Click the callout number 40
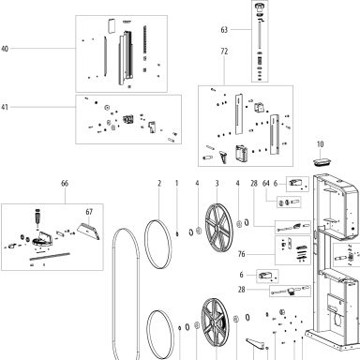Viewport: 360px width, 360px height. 5,49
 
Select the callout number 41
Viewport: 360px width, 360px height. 5,107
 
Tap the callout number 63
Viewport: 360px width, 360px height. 224,30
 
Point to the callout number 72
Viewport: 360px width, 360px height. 224,52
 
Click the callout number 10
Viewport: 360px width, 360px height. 321,144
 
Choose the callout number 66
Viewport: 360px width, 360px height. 65,184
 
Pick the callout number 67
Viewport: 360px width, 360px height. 89,212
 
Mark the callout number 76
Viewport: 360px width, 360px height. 242,254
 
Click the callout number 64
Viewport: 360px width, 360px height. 266,184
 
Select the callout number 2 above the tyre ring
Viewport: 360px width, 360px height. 159,184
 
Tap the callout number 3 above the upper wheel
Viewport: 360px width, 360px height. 217,184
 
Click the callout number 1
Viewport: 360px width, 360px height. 176,184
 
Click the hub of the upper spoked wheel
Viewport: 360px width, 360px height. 217,227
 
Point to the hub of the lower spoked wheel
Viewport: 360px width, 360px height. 213,322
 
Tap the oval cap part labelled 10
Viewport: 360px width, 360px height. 322,161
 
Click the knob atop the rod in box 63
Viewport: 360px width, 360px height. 260,7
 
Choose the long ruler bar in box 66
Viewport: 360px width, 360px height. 50,256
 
